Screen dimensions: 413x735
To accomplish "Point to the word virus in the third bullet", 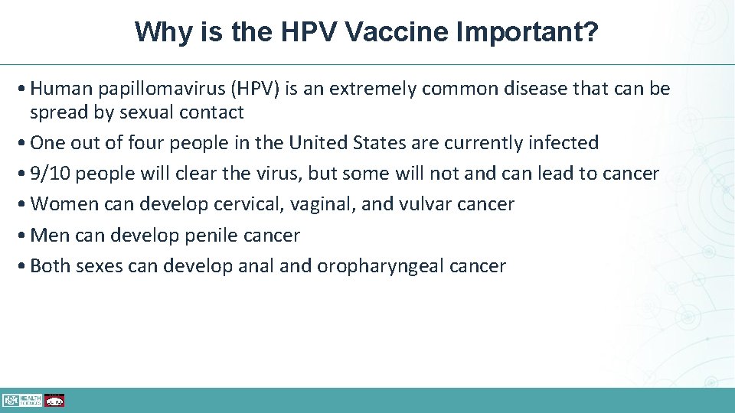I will tap(281, 174).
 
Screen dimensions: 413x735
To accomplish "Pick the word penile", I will tap(208, 236).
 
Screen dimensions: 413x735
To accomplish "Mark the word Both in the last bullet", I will tap(50, 266).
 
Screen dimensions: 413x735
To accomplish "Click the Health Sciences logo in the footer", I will tap(21, 400).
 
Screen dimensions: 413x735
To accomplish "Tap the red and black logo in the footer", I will tap(54, 400).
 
